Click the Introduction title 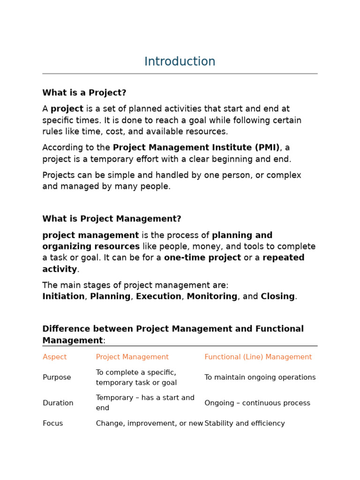click(180, 62)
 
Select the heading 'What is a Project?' click(84, 93)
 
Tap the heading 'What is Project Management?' click(112, 219)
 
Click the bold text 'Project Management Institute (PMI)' click(196, 148)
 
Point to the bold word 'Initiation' click(63, 297)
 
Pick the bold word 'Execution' click(158, 297)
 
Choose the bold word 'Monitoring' click(212, 297)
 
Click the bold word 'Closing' click(277, 297)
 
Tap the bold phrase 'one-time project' click(202, 258)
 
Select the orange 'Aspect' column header click(55, 357)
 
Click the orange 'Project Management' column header click(132, 357)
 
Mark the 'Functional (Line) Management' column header click(258, 357)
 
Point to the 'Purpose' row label click(57, 377)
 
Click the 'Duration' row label click(58, 403)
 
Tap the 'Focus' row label click(52, 423)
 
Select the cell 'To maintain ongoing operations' click(260, 377)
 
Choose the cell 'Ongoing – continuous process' click(257, 403)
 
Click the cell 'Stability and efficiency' click(244, 423)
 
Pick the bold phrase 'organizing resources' click(91, 247)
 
